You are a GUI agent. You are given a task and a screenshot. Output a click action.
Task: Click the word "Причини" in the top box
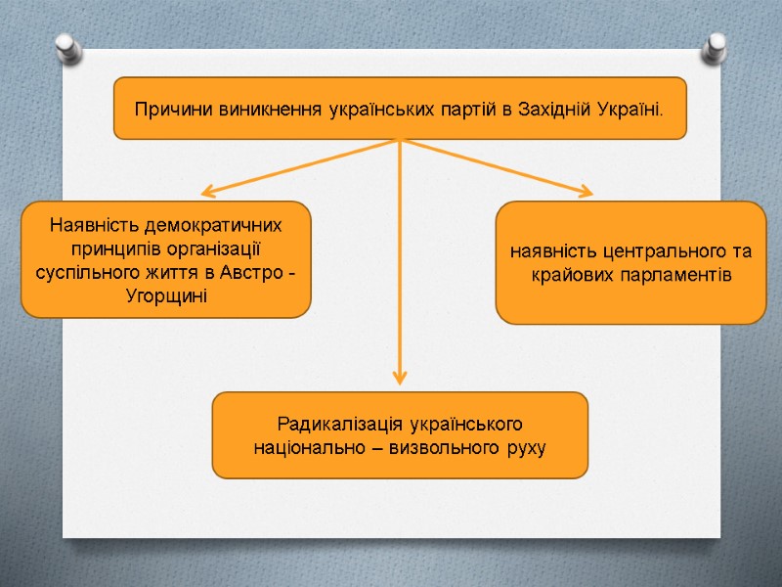165,108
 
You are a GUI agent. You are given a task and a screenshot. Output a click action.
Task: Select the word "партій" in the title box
464,108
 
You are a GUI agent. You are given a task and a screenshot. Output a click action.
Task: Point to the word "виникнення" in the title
249,108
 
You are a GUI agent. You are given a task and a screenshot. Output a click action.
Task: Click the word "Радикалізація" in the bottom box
327,425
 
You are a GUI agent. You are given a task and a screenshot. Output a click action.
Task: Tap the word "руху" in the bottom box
525,447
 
